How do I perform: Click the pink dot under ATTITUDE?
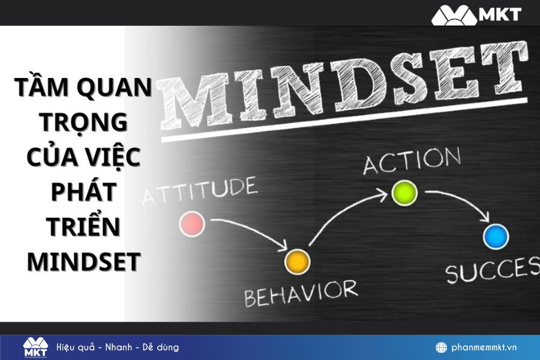192,224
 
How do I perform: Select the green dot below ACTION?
404,192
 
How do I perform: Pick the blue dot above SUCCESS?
496,236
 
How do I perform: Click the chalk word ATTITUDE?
199,192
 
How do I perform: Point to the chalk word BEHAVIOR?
300,292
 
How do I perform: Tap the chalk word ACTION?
412,160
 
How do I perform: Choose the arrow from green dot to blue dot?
459,201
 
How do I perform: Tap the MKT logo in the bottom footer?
35,347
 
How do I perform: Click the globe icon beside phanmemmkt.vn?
441,347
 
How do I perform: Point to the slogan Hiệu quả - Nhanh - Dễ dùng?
118,347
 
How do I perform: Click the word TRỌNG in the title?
84,122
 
